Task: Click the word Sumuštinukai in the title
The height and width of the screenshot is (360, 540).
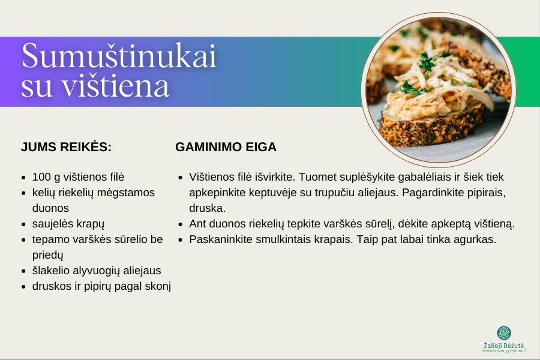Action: [x=119, y=56]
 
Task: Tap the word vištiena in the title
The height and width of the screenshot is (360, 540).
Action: [x=115, y=86]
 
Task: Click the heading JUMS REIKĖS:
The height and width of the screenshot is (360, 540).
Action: [x=66, y=147]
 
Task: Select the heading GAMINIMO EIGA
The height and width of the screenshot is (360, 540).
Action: [x=226, y=147]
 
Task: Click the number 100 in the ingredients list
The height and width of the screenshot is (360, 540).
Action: [x=41, y=177]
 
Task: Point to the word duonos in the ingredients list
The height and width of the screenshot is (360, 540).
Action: [x=50, y=208]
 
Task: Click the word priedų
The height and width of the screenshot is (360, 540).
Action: [x=47, y=255]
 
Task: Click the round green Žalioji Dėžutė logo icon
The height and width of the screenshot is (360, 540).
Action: [x=504, y=333]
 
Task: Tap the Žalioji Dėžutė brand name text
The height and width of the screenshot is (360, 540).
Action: [x=504, y=346]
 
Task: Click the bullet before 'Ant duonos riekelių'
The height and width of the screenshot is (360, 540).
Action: [x=181, y=224]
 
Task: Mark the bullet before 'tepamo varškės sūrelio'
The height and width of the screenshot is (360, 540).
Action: [x=23, y=240]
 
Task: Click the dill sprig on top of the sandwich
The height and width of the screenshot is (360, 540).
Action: [x=427, y=62]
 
